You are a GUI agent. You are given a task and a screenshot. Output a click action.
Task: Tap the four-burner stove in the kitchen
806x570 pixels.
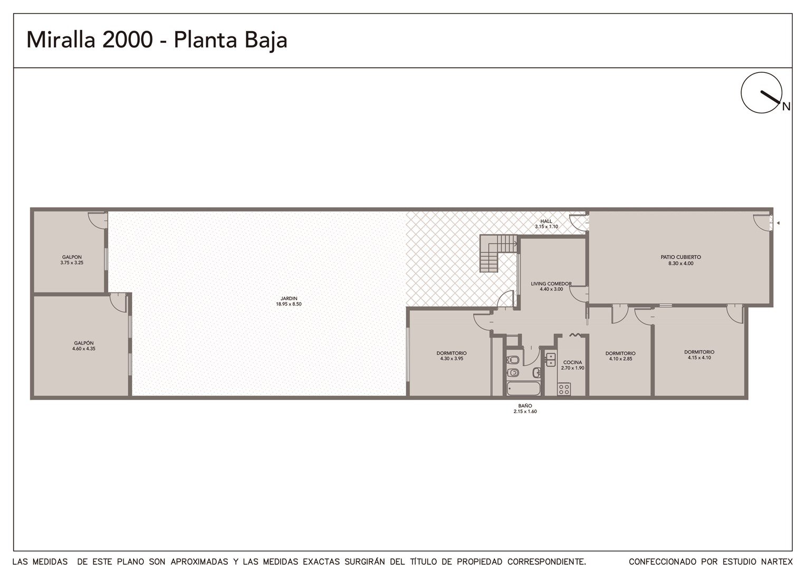tap(564, 389)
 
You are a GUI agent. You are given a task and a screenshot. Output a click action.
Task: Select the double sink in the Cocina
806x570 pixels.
tap(551, 359)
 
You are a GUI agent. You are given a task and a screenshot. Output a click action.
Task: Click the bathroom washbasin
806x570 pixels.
tap(536, 372)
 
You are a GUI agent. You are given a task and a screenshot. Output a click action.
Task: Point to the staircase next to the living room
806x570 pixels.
tap(498, 253)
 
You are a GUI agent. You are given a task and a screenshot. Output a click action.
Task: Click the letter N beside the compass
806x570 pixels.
tap(786, 107)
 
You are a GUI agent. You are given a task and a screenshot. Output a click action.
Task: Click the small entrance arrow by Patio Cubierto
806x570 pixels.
tap(778, 223)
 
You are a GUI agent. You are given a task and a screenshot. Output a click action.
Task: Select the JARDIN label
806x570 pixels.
tap(289, 298)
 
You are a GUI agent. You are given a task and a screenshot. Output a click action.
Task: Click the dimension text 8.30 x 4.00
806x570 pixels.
tap(681, 263)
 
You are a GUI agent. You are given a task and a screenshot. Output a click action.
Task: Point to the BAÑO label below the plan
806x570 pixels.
tap(525, 405)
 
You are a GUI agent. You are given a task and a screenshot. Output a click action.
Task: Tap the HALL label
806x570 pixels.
tap(546, 221)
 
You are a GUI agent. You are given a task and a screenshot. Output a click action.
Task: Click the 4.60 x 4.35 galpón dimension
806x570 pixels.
tap(84, 348)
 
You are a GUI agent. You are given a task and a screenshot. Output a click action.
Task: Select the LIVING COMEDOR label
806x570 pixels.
tap(551, 284)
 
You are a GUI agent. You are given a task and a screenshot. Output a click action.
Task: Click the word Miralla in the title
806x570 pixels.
tap(61, 40)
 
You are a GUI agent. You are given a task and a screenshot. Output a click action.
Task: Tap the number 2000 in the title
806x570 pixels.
tap(128, 40)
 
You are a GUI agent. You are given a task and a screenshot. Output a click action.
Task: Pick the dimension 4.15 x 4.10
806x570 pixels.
tap(699, 357)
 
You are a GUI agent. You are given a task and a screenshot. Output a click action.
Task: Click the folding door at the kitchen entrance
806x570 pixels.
tap(575, 335)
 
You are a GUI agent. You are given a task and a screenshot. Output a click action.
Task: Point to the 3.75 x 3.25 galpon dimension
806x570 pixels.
tap(72, 262)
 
